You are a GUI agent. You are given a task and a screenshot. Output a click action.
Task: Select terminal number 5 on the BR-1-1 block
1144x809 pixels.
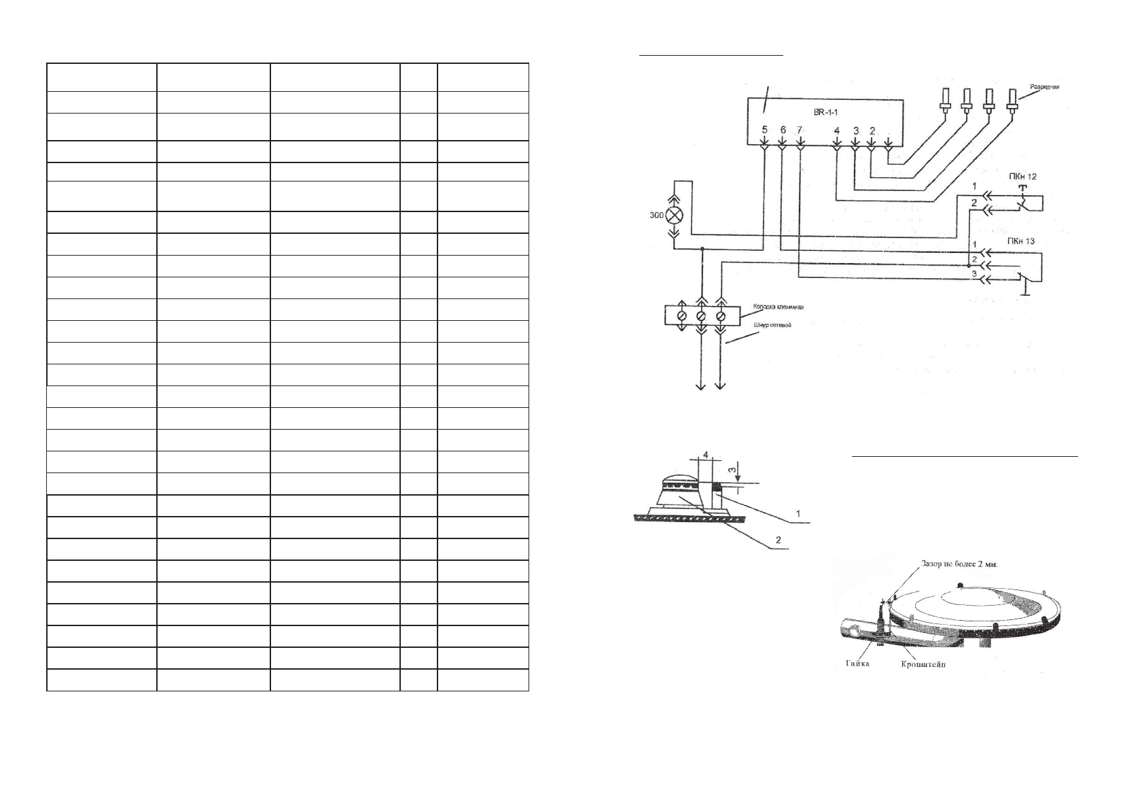coord(764,130)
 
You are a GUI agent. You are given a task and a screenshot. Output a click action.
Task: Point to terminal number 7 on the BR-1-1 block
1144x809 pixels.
coord(800,130)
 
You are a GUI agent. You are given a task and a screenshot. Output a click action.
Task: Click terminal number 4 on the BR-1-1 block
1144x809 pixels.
coord(836,130)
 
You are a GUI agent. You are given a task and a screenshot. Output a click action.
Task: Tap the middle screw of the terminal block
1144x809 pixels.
coord(701,316)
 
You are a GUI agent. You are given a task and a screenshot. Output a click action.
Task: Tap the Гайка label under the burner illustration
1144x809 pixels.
coord(857,664)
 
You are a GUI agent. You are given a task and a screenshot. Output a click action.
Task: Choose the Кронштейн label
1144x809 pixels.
coord(923,664)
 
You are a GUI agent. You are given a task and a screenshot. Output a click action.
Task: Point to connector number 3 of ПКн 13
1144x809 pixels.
coord(973,273)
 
